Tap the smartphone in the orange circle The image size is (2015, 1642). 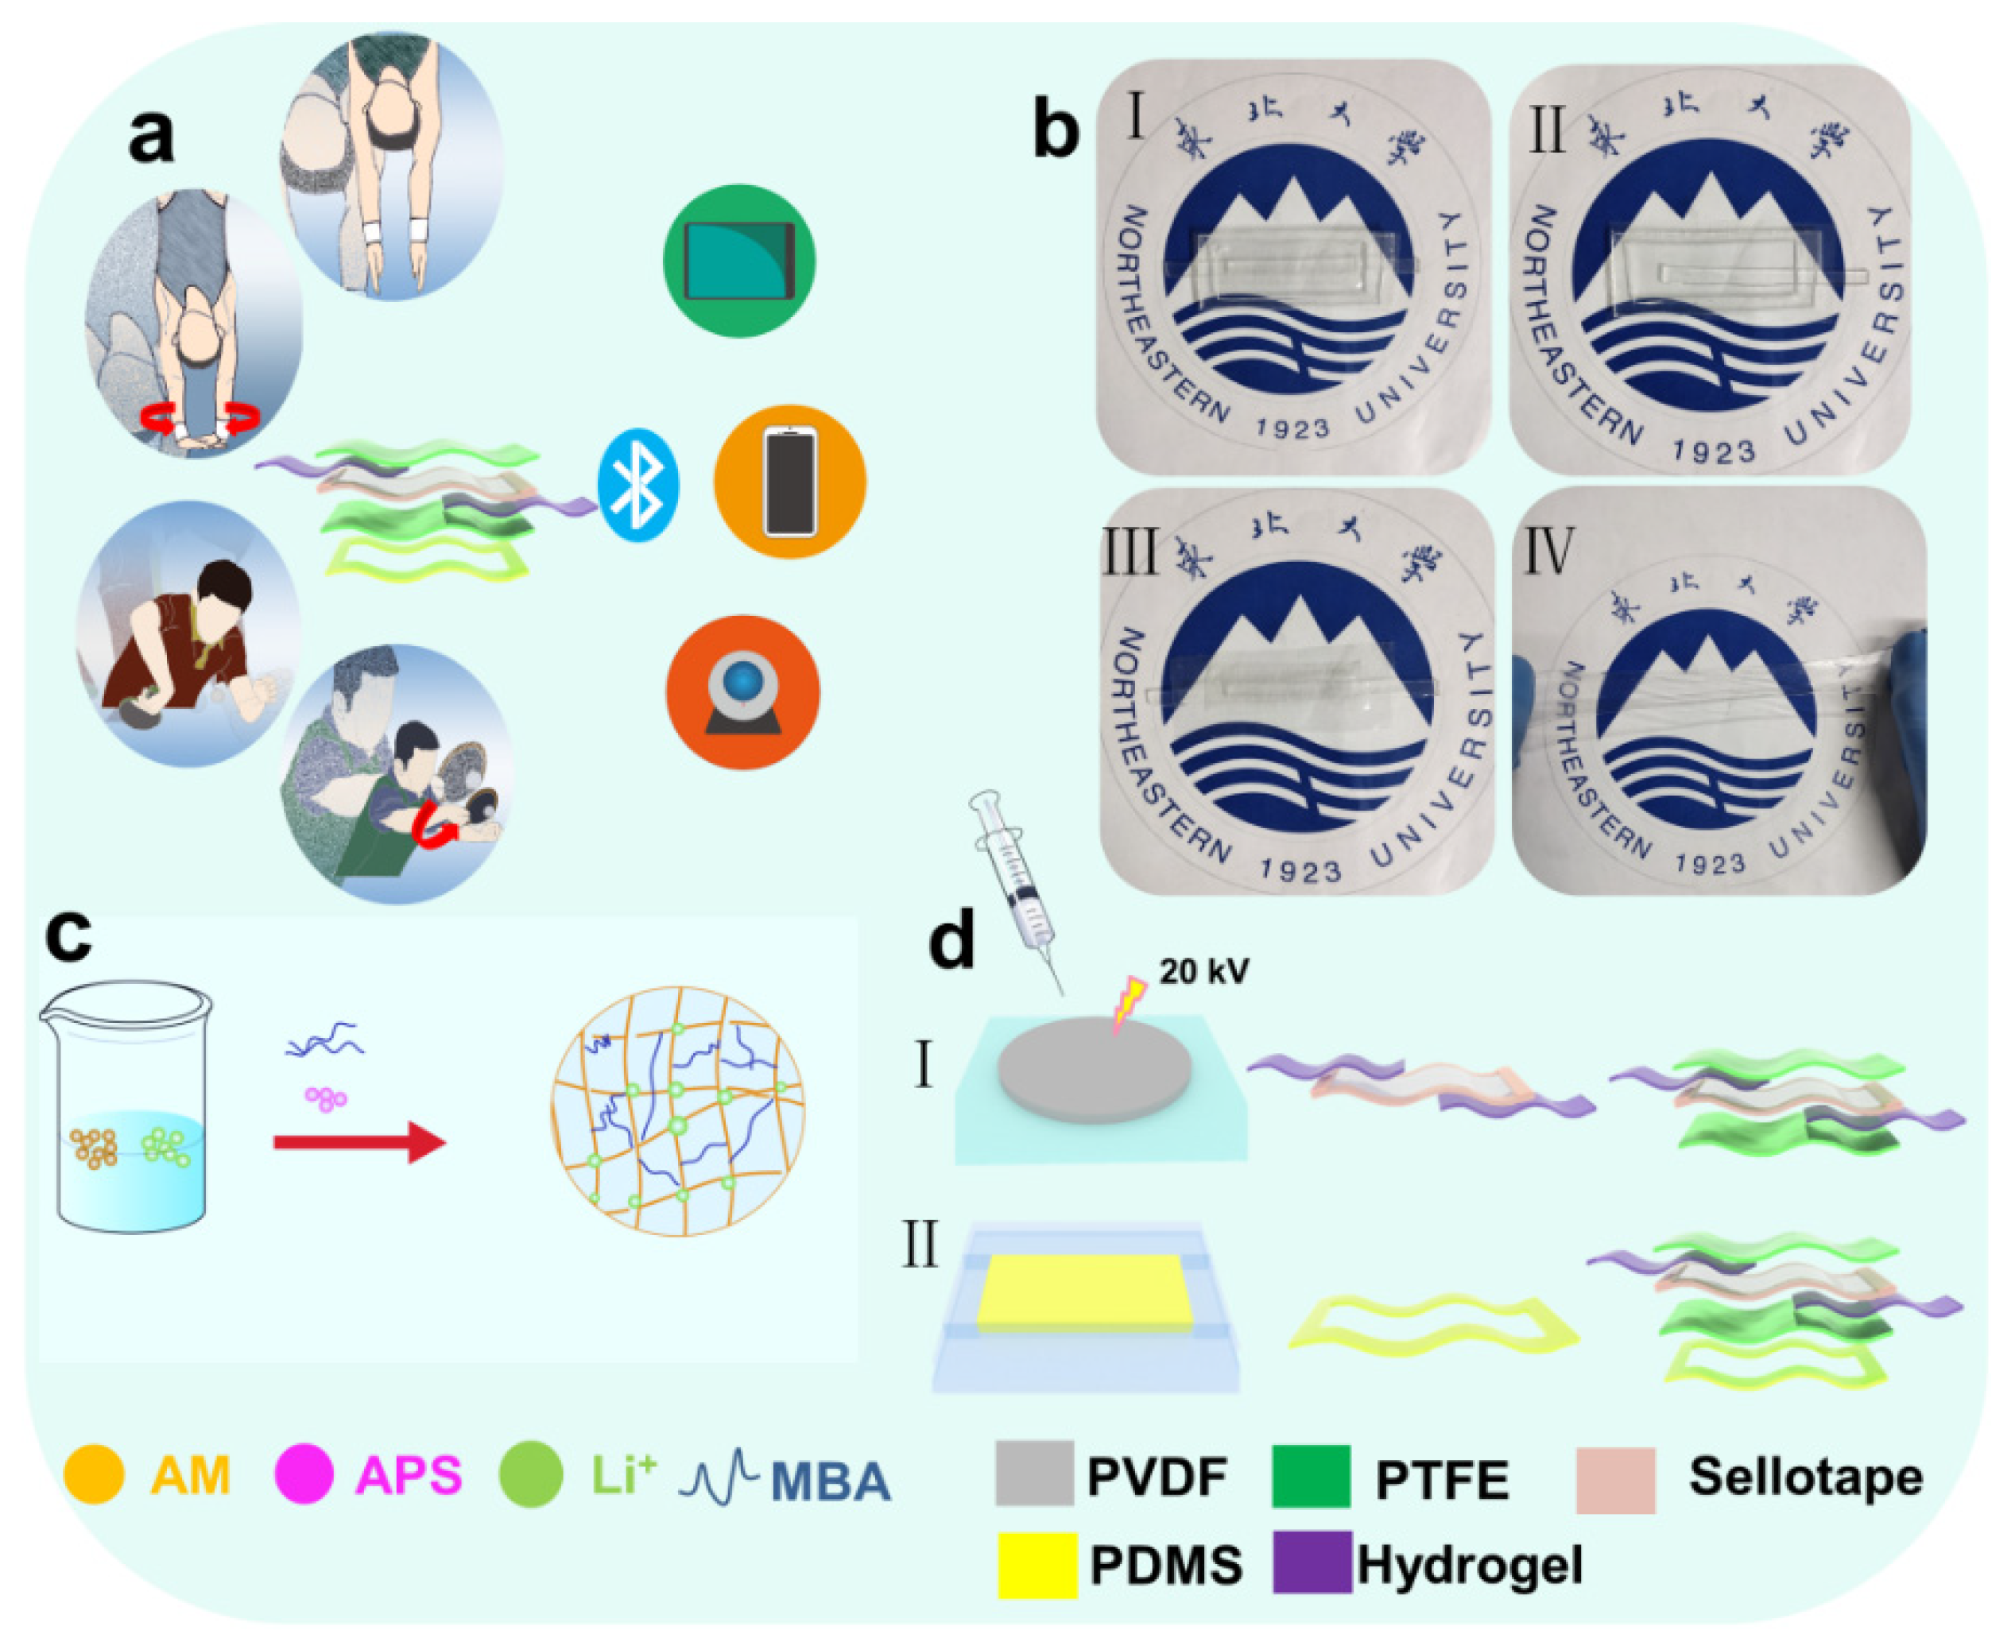790,482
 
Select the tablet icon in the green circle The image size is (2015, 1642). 739,260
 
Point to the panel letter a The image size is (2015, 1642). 151,135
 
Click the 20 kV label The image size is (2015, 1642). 1203,971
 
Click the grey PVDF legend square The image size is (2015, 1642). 1034,1474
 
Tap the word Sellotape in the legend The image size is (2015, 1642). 1805,1477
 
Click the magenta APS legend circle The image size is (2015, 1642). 304,1474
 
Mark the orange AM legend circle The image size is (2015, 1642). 94,1474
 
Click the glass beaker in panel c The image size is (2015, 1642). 128,1106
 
